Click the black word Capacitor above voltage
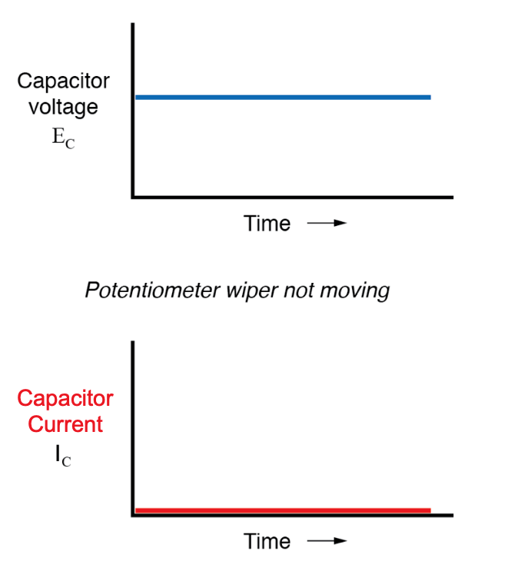(x=63, y=81)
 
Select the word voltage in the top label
(x=63, y=107)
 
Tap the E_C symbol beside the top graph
(x=63, y=139)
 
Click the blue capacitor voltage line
(x=282, y=98)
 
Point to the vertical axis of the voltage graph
(x=133, y=108)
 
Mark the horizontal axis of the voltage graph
(x=292, y=198)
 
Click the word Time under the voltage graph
(x=267, y=224)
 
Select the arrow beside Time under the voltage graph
(x=327, y=224)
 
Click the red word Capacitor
(x=65, y=398)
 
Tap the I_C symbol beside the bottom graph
(x=64, y=457)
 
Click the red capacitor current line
(x=282, y=510)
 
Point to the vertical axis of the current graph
(x=133, y=427)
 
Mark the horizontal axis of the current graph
(x=292, y=516)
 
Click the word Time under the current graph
(x=267, y=541)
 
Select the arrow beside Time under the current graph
(x=327, y=541)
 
